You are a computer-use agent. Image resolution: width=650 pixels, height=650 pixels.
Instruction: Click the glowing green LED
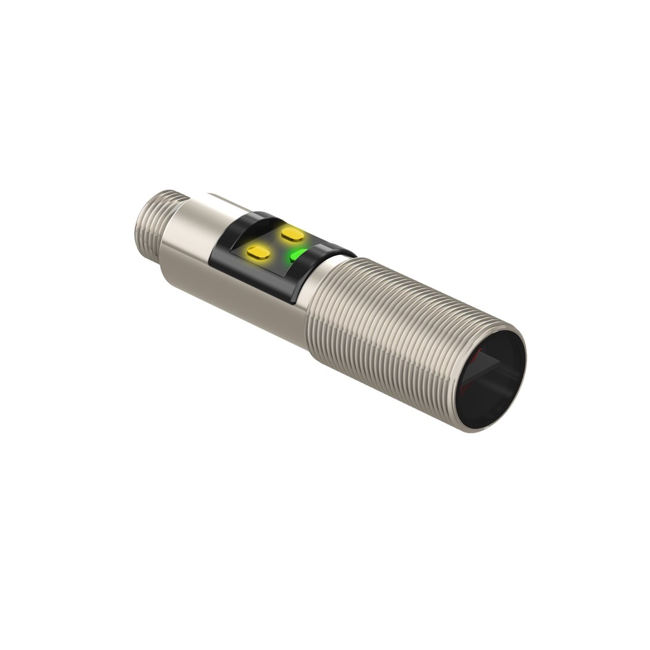297,255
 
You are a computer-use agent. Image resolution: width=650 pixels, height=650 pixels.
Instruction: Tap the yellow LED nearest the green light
292,234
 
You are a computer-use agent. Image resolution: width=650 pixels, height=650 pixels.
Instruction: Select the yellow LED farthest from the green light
258,253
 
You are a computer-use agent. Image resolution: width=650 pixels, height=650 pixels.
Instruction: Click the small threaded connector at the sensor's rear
152,222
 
